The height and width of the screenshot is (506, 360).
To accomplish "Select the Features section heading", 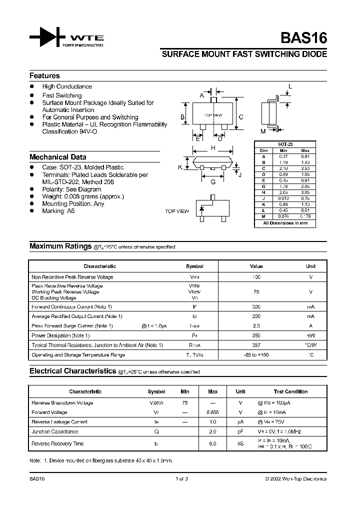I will click(x=44, y=76).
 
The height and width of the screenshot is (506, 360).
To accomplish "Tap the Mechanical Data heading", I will click(x=57, y=157).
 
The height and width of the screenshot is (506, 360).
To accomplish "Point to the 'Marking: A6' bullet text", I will click(x=58, y=211).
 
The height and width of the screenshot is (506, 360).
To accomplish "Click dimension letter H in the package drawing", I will click(x=212, y=148).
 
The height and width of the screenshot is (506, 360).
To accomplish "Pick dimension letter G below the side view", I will click(x=212, y=182).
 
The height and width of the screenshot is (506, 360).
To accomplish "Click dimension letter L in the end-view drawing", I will click(x=290, y=87).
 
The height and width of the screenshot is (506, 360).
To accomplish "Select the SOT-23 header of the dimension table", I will click(x=285, y=144).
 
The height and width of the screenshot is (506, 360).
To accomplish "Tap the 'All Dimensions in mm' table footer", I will click(x=285, y=223).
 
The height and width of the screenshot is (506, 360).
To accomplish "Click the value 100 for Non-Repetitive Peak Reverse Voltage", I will click(x=256, y=277).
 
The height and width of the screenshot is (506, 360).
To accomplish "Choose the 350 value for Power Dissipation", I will click(x=256, y=335).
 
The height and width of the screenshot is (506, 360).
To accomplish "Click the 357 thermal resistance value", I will click(x=256, y=345).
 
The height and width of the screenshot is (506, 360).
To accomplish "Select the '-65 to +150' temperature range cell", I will click(x=256, y=355).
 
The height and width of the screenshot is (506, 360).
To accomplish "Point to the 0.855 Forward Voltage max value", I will click(x=212, y=412).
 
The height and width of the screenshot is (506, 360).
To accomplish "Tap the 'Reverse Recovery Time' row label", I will click(x=57, y=443).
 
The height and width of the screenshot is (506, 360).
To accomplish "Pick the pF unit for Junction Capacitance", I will click(x=240, y=431).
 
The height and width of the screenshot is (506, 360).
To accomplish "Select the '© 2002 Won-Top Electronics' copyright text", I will click(x=295, y=478).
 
